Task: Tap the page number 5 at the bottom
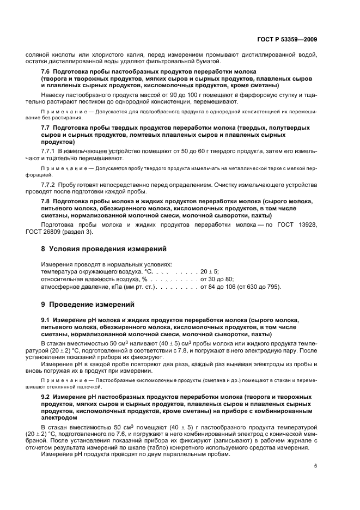pyautogui.click(x=316, y=465)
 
